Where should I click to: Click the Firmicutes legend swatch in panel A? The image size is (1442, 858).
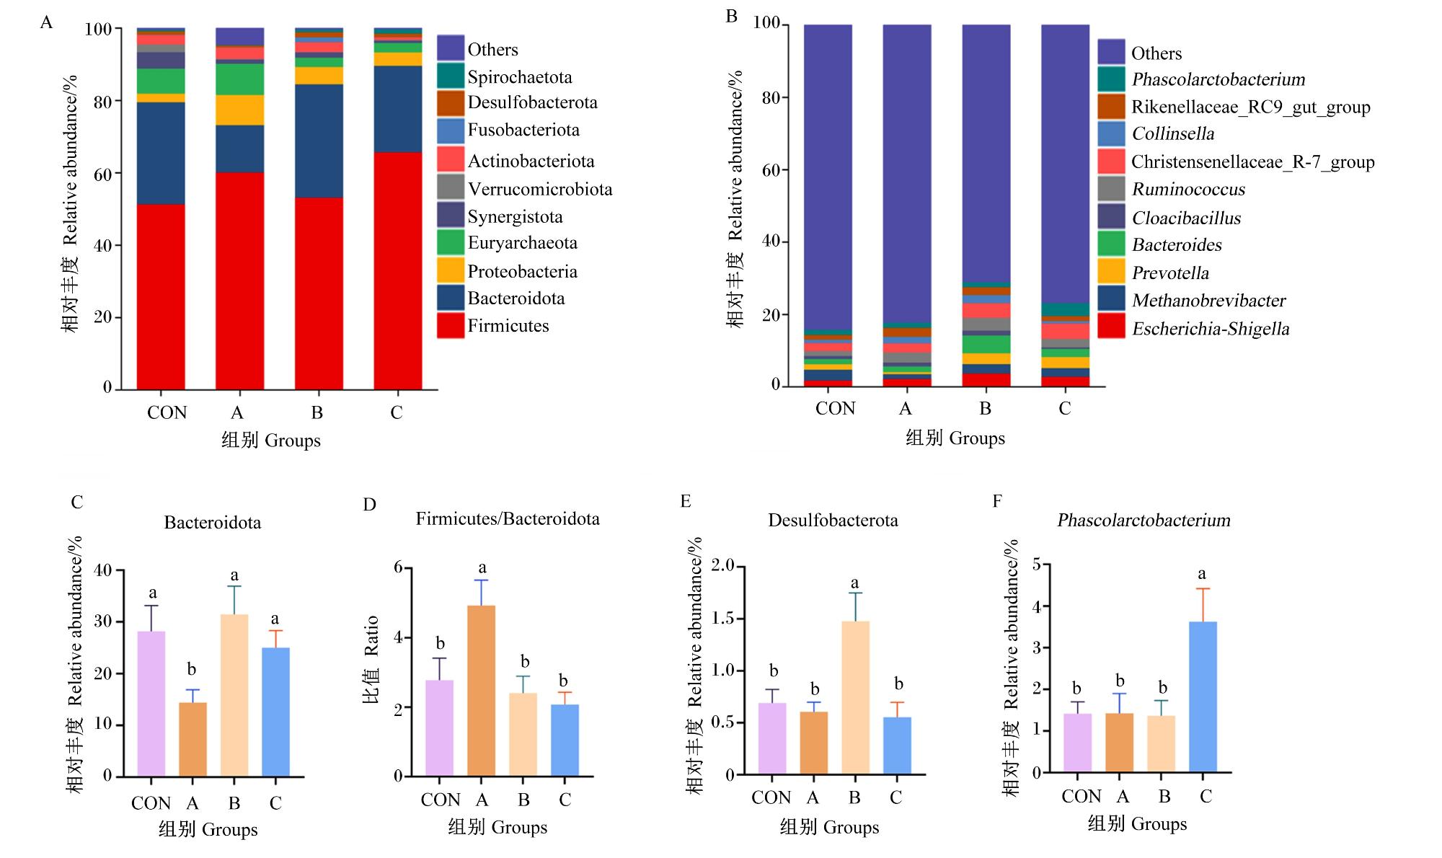(451, 325)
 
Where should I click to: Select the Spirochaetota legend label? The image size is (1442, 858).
(519, 77)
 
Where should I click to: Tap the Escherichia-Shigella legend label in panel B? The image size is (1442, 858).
(1211, 329)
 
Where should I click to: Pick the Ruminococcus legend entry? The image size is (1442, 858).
(1188, 190)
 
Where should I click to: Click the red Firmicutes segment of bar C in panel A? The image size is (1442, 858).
(397, 270)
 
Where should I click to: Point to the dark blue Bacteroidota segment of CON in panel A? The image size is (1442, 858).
(161, 153)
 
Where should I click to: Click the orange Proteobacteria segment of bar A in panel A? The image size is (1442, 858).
(239, 110)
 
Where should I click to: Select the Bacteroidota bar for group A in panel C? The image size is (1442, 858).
(193, 739)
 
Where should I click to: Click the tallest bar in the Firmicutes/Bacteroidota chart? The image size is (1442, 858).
(482, 691)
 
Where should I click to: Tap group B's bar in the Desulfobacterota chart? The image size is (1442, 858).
(855, 698)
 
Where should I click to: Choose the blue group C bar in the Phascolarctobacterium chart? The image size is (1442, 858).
(1203, 696)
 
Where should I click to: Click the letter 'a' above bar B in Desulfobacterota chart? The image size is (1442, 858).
(855, 583)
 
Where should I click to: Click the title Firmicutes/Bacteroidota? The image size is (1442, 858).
(508, 518)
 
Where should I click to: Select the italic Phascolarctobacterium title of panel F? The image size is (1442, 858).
(1144, 520)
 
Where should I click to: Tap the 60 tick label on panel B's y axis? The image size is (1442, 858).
(771, 170)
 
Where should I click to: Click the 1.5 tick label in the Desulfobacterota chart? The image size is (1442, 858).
(722, 618)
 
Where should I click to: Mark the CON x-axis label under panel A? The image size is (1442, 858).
(167, 412)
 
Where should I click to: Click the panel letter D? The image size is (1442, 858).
(369, 504)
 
